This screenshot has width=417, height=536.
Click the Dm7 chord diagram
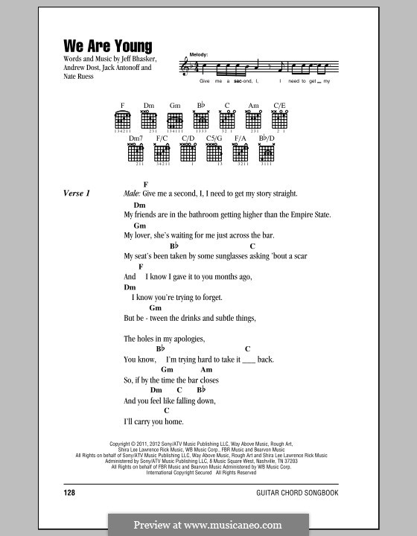pyautogui.click(x=135, y=153)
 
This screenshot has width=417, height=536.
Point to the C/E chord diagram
pyautogui.click(x=279, y=120)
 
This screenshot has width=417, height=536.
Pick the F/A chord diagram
pyautogui.click(x=240, y=153)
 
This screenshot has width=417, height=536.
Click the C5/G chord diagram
pyautogui.click(x=214, y=153)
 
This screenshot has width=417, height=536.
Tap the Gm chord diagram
pyautogui.click(x=175, y=120)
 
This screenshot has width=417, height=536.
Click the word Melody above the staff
pyautogui.click(x=199, y=55)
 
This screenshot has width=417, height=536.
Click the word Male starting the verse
pyautogui.click(x=132, y=194)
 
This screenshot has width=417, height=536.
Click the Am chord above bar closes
pyautogui.click(x=206, y=370)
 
